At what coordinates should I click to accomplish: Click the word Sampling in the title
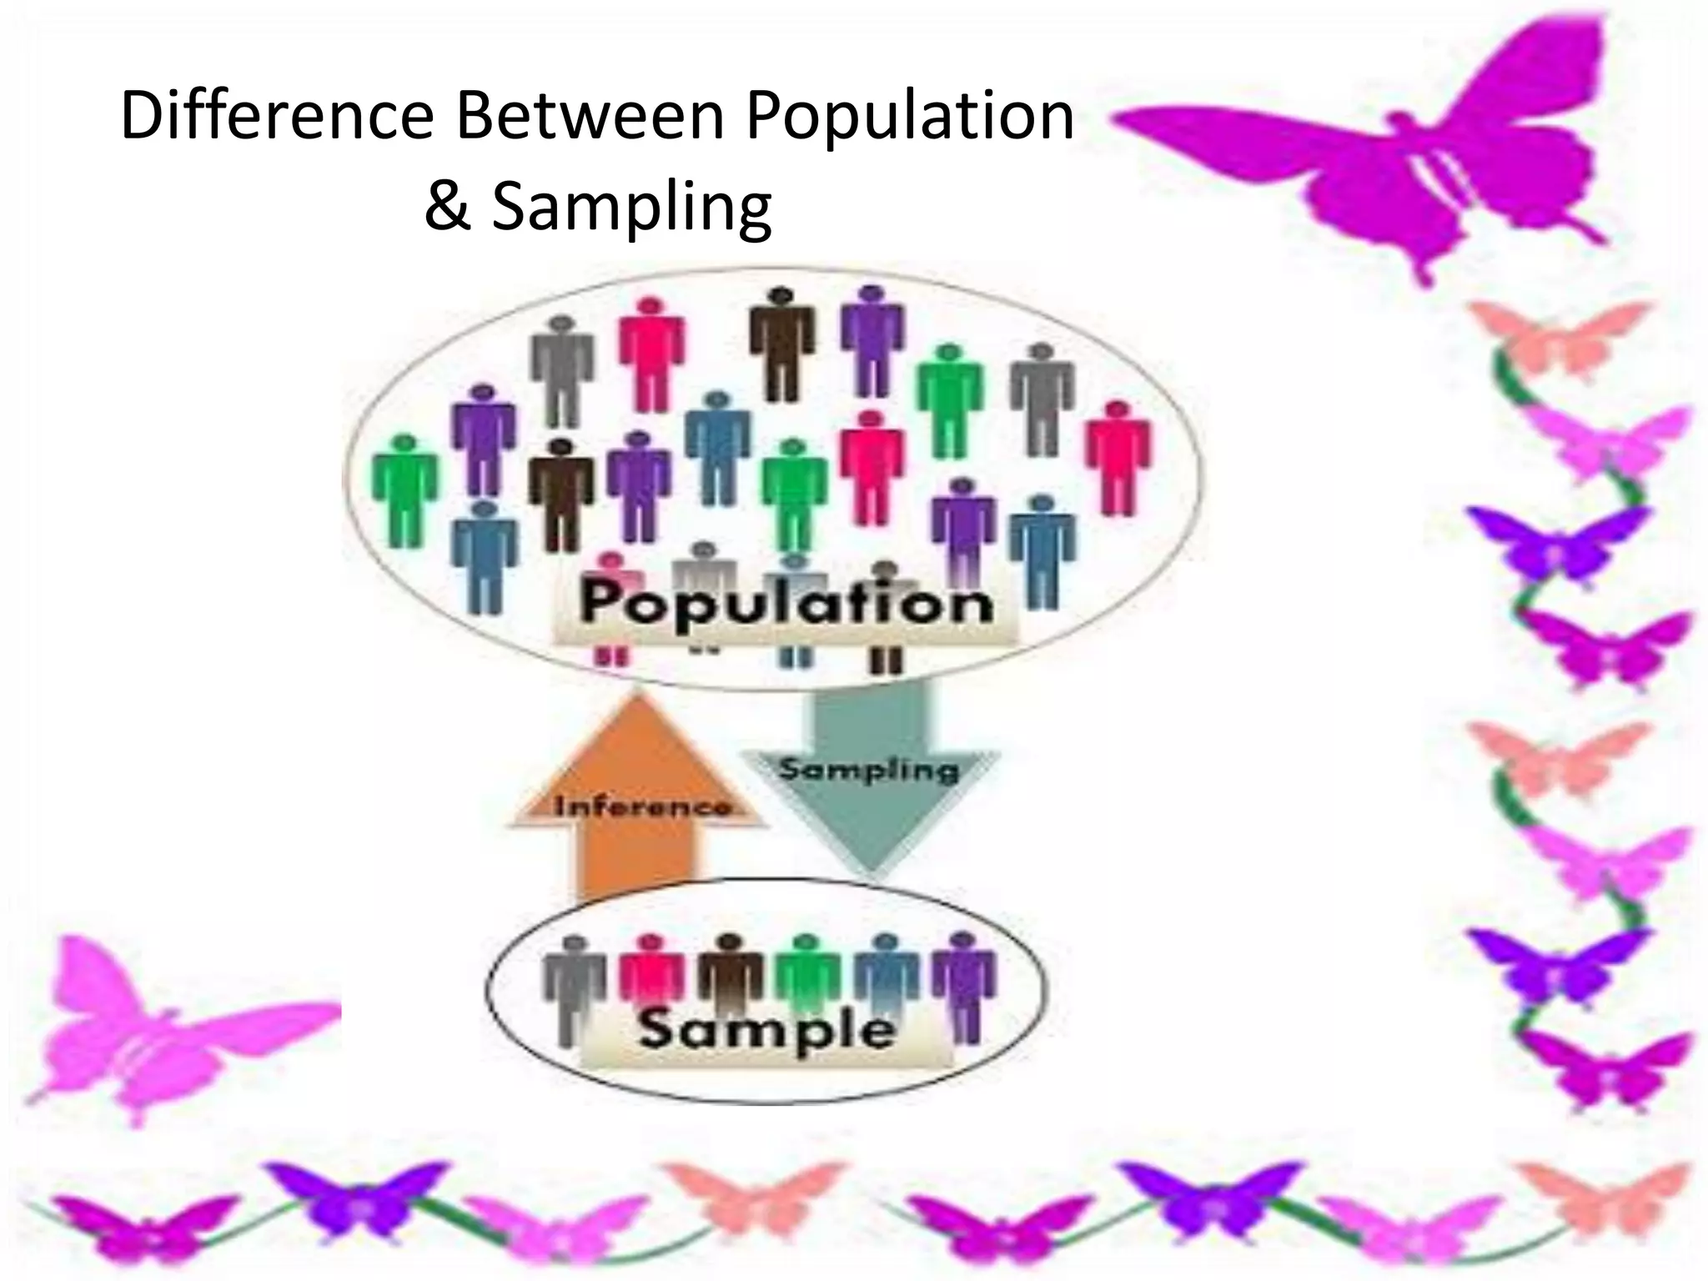click(x=631, y=208)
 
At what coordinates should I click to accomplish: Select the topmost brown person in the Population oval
click(x=781, y=342)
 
